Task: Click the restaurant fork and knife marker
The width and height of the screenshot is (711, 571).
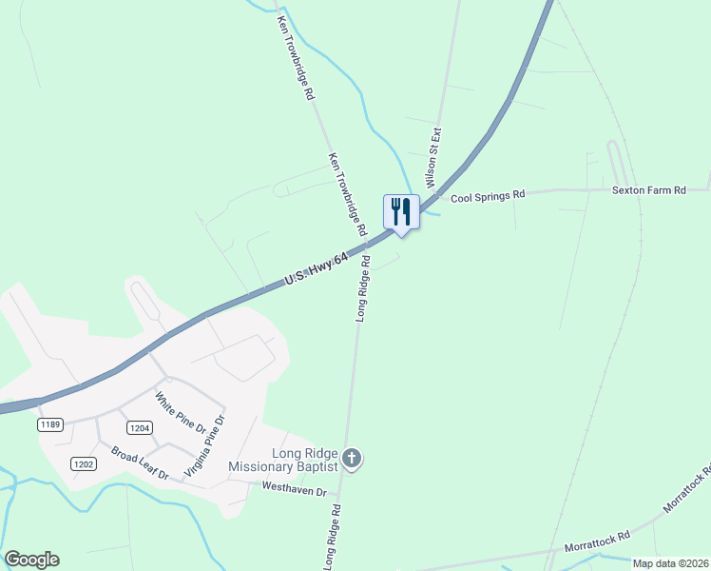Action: (401, 211)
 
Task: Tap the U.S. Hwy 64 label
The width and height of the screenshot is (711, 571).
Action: (317, 269)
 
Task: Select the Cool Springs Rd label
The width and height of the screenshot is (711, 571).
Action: (488, 196)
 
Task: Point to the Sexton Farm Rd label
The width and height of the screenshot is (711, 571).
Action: (648, 190)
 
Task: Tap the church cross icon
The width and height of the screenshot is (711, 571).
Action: (352, 461)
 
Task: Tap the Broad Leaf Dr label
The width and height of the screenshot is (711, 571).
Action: (139, 463)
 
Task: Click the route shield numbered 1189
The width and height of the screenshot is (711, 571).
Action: (51, 423)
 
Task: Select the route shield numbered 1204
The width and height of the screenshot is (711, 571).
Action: (140, 428)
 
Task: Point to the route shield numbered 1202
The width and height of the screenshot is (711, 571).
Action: (83, 463)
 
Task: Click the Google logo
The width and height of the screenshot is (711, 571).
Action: (31, 560)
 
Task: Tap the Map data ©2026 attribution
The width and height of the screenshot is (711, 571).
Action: (670, 563)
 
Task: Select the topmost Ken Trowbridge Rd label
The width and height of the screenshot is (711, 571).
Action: (296, 57)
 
